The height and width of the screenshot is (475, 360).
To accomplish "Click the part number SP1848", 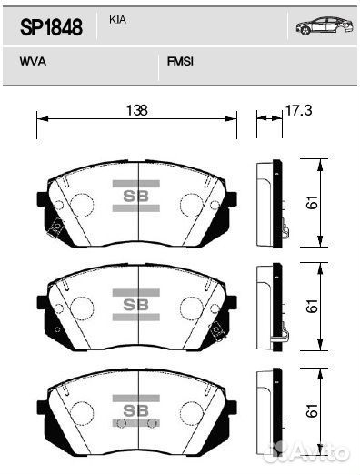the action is point(51,27).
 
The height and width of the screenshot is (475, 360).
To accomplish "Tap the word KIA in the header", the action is point(117,20).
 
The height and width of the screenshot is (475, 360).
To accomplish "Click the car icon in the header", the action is point(325,25).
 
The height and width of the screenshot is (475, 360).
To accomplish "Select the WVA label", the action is point(33,62).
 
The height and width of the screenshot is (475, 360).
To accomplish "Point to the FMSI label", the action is point(180,62).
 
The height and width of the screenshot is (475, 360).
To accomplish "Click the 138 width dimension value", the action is point(136,110).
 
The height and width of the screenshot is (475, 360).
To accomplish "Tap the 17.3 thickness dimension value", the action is point(298,110).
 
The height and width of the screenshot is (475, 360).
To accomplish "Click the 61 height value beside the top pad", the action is point(312,202).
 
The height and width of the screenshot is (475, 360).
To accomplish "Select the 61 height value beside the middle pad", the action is point(312,306).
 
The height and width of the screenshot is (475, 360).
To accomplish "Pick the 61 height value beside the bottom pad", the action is point(312,410).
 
